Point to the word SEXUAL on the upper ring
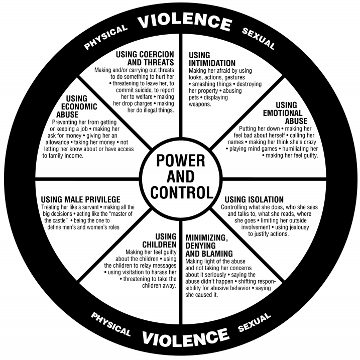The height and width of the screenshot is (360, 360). coord(258,39)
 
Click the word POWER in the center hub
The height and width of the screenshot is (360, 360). coord(180,161)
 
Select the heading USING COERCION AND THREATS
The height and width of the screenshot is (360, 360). coord(145,58)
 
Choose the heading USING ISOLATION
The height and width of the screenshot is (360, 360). coord(254,199)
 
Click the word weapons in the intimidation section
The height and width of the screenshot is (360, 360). coord(201,104)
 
